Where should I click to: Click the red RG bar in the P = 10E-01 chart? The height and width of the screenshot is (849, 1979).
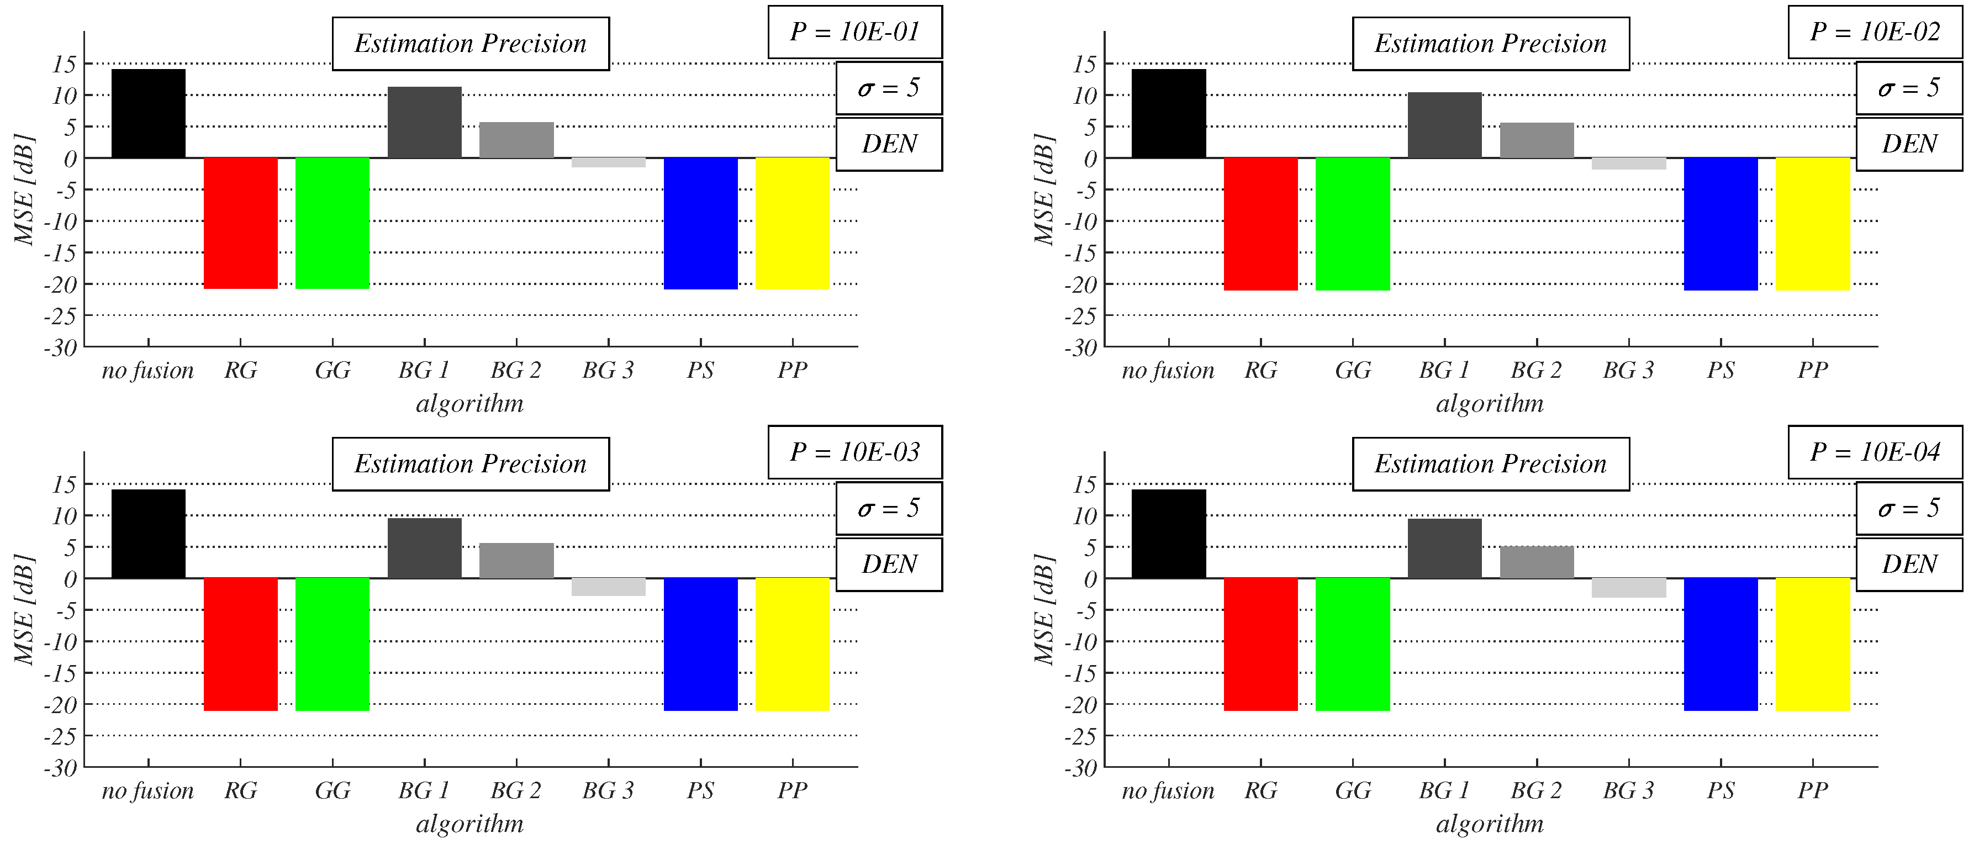pyautogui.click(x=240, y=223)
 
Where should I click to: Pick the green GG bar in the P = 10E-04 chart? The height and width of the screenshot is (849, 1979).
pyautogui.click(x=1352, y=644)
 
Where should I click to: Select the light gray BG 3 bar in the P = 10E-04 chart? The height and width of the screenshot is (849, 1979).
pyautogui.click(x=1629, y=587)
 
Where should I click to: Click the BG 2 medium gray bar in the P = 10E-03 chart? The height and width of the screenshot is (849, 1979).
pyautogui.click(x=516, y=560)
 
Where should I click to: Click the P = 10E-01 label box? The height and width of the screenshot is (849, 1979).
pyautogui.click(x=854, y=31)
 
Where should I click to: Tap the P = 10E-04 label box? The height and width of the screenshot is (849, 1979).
pyautogui.click(x=1875, y=452)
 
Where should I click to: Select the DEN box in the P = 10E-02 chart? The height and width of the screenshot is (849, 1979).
pyautogui.click(x=1909, y=144)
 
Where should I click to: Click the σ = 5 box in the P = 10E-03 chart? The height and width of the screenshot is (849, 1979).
pyautogui.click(x=889, y=508)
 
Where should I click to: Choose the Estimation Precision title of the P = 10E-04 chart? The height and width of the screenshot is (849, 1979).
pyautogui.click(x=1490, y=464)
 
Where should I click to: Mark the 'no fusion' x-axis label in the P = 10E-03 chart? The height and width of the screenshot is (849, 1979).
pyautogui.click(x=147, y=790)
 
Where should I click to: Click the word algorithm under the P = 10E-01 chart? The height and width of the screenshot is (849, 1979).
pyautogui.click(x=469, y=403)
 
